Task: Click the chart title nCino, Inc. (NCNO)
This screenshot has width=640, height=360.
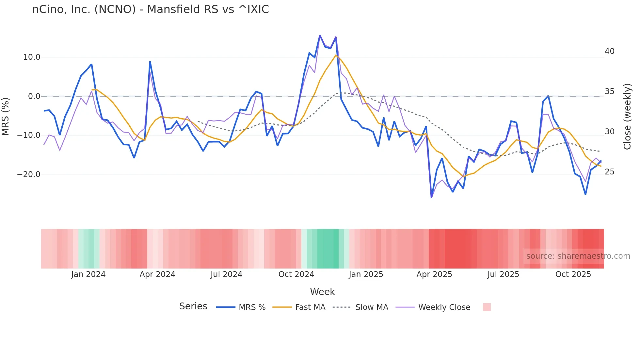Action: [x=150, y=9]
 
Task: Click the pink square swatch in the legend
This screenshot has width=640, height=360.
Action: [x=487, y=307]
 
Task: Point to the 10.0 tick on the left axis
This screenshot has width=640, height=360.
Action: [x=32, y=57]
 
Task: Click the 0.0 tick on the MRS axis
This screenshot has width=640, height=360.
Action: [x=34, y=96]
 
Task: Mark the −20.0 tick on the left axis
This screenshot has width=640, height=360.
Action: [x=29, y=174]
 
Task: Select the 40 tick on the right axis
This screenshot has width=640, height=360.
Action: [x=609, y=51]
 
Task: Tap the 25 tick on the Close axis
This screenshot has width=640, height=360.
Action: [x=609, y=172]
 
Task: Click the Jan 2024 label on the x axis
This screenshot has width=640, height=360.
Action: [x=88, y=274]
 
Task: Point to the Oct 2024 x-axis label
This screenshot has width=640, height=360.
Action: [x=296, y=274]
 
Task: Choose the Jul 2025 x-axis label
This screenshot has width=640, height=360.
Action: [x=503, y=274]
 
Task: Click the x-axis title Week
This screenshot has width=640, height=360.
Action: [x=322, y=292]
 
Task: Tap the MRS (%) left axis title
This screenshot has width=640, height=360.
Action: [x=6, y=116]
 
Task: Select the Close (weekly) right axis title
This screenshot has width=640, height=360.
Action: [x=627, y=117]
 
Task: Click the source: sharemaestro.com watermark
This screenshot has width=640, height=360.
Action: [x=578, y=256]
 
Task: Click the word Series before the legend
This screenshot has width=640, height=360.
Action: [x=193, y=306]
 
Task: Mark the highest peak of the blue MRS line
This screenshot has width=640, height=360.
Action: [x=320, y=35]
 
